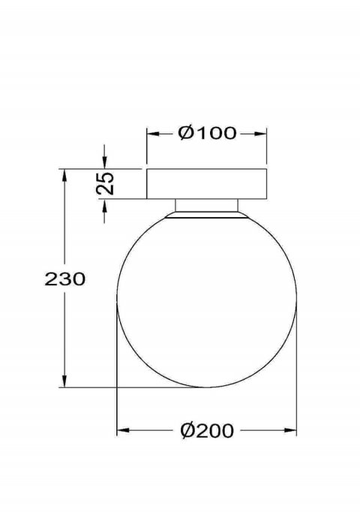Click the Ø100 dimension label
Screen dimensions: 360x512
pyautogui.click(x=207, y=133)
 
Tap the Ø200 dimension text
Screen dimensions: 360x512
pyautogui.click(x=207, y=430)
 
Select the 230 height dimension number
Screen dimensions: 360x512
pyautogui.click(x=65, y=279)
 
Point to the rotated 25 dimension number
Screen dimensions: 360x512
pyautogui.click(x=105, y=183)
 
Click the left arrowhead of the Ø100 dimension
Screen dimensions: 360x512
pyautogui.click(x=153, y=134)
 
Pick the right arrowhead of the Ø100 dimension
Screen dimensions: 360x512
pyautogui.click(x=260, y=134)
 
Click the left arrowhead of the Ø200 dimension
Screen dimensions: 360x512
pyautogui.click(x=123, y=430)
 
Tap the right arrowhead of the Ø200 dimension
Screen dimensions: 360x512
pyautogui.click(x=290, y=430)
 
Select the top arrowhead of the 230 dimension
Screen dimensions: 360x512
pyautogui.click(x=64, y=176)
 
